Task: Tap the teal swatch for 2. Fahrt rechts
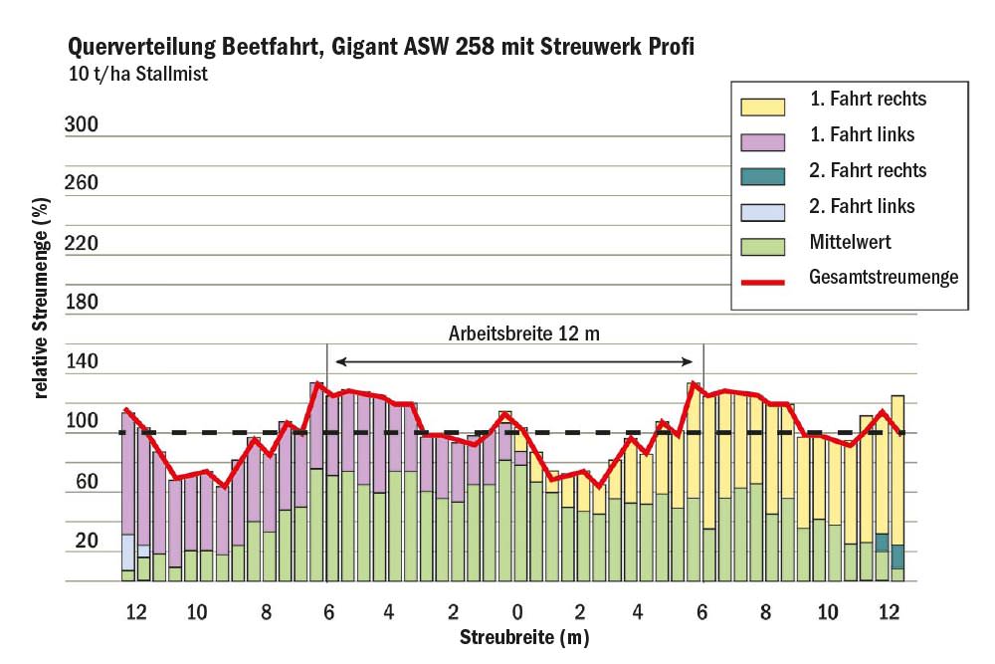(763, 176)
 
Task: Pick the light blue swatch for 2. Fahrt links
(763, 211)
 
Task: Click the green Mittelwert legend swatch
(763, 246)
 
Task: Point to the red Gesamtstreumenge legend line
(763, 282)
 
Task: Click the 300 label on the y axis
(82, 125)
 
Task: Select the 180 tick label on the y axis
(82, 303)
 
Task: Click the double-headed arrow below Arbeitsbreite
(514, 361)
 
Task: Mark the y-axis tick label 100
(82, 422)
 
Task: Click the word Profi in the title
(671, 47)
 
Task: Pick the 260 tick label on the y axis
(82, 183)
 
